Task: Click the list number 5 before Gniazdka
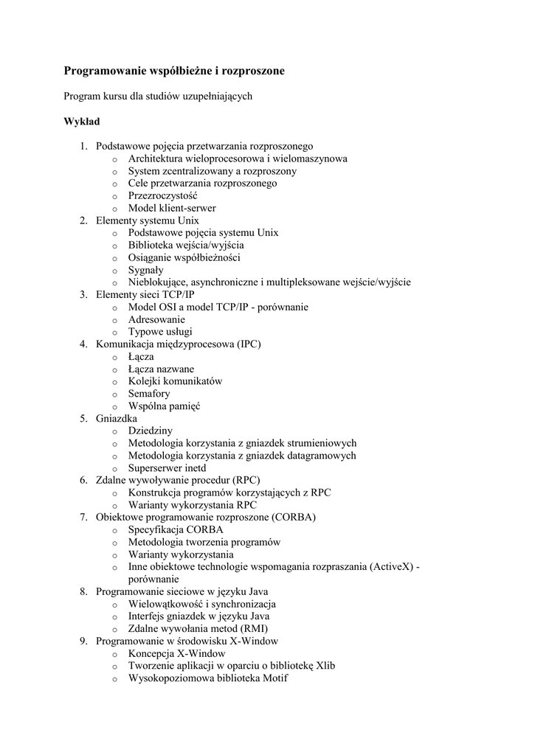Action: (x=84, y=419)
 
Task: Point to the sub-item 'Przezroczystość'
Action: (x=162, y=195)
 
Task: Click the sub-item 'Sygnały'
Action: (x=145, y=270)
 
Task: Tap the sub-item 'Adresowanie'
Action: (x=156, y=320)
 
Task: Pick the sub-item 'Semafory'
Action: (x=149, y=394)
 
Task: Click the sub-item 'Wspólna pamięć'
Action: (x=164, y=406)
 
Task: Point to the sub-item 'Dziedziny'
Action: (x=151, y=431)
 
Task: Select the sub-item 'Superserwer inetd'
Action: (x=167, y=468)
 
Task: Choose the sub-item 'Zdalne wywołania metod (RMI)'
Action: (x=198, y=629)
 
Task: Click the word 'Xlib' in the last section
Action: (x=325, y=666)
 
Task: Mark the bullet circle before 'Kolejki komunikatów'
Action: (x=114, y=382)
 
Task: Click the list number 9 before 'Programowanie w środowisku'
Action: (x=84, y=641)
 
